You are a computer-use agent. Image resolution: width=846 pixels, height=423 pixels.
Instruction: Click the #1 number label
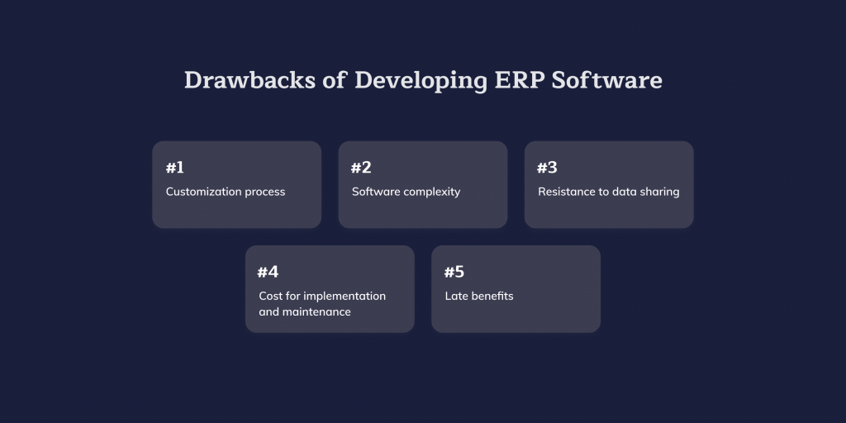(x=175, y=168)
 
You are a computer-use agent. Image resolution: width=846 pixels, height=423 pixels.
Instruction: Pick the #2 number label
(x=361, y=168)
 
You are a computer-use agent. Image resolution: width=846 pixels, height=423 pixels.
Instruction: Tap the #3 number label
(x=547, y=168)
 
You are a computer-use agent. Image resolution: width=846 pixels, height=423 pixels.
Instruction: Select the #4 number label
(x=268, y=272)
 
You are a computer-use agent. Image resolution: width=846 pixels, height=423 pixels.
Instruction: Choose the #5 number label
(x=454, y=272)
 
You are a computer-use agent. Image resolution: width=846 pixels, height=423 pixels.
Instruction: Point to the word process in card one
(x=266, y=192)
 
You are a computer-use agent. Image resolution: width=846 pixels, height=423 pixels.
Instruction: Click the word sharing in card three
(x=660, y=192)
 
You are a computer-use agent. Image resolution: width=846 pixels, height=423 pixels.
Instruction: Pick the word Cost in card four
(x=269, y=296)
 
